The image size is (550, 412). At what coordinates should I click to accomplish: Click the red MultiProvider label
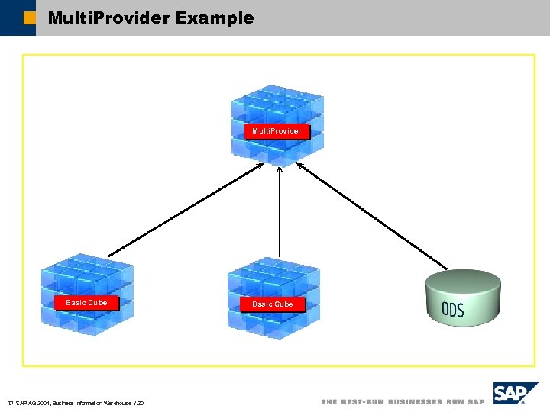(277, 131)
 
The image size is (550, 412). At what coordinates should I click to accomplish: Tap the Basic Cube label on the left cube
(86, 303)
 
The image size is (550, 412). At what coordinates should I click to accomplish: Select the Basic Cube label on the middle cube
(273, 304)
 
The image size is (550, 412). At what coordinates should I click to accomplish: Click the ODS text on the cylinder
(452, 310)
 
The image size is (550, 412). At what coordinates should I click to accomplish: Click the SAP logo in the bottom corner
(515, 394)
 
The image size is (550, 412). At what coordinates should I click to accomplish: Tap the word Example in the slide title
(215, 18)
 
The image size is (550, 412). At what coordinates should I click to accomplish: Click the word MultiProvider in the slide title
(108, 18)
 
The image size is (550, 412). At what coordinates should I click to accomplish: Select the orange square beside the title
(29, 18)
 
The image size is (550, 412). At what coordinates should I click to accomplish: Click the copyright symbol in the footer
(10, 403)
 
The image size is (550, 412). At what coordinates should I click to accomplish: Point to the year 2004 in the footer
(43, 403)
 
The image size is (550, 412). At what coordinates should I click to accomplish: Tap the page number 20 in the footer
(141, 403)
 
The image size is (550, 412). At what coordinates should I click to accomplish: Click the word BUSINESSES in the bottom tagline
(415, 402)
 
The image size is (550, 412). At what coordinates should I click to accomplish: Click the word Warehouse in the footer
(116, 403)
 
